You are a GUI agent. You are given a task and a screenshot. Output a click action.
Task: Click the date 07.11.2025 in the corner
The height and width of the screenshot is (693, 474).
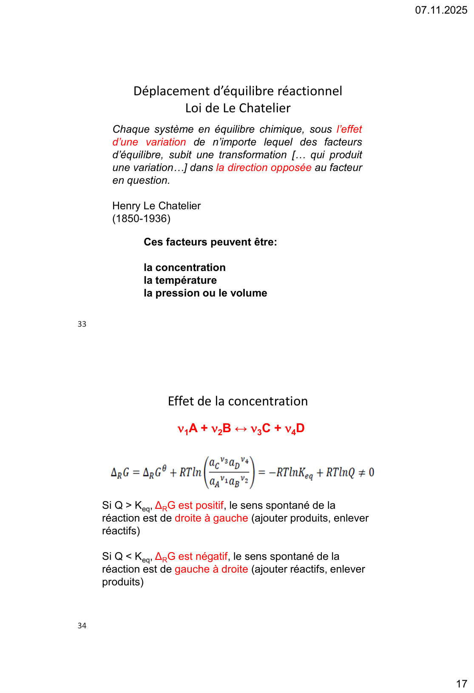coord(441,10)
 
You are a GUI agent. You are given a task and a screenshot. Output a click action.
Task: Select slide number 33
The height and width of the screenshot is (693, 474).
coord(82,324)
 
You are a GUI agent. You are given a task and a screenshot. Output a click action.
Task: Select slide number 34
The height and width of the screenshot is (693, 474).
coord(82,625)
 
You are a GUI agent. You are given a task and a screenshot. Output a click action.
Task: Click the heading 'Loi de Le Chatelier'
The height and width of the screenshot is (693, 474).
coord(238,108)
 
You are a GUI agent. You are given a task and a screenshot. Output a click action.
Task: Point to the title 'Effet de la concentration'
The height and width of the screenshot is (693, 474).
coord(238,401)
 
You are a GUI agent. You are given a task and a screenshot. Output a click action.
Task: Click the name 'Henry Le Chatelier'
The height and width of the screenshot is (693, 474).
coord(156,206)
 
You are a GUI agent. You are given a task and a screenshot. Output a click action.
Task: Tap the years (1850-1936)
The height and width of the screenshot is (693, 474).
coord(141,219)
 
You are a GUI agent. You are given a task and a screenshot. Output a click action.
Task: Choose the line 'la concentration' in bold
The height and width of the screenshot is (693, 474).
coord(184,268)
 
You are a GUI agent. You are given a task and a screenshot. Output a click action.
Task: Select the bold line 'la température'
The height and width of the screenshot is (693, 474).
coord(180,280)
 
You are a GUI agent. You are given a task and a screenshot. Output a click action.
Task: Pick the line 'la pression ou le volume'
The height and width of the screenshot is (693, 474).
coord(205,293)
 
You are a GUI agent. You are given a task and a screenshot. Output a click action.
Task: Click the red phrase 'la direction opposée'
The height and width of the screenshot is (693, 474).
coord(264,168)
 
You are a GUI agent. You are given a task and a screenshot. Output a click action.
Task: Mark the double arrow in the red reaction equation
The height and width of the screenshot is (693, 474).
coord(241,429)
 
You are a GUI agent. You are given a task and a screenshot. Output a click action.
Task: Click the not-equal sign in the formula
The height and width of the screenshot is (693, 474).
coord(362,473)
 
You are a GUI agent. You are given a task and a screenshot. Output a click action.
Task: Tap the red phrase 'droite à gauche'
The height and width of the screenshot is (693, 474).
coord(211,518)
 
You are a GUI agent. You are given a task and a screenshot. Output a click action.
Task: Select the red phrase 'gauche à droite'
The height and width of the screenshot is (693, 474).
coord(211,569)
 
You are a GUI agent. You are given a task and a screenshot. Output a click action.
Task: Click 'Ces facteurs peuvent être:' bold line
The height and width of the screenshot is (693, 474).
coord(210,242)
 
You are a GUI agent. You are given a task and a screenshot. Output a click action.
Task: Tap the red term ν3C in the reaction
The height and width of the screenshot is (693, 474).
coord(261,429)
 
